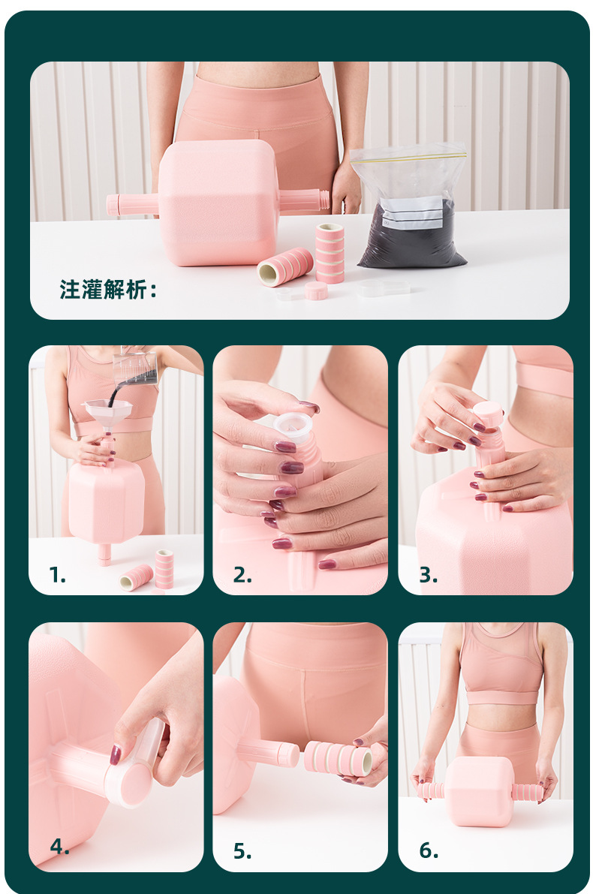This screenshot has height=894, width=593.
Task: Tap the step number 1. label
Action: pyautogui.click(x=57, y=575)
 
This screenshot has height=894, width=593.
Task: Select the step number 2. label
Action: pyautogui.click(x=242, y=575)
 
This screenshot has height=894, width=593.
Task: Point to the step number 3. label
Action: pyautogui.click(x=428, y=575)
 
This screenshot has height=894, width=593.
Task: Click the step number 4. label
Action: pyautogui.click(x=59, y=846)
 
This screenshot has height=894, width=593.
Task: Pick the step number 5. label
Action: pyautogui.click(x=242, y=850)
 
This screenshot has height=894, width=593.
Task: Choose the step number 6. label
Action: pyautogui.click(x=429, y=850)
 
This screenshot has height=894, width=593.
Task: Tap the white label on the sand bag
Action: pyautogui.click(x=411, y=212)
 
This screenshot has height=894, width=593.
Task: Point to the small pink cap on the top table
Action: pyautogui.click(x=316, y=290)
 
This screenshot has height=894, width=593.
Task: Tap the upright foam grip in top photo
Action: pyautogui.click(x=330, y=252)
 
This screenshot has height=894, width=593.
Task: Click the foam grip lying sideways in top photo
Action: pyautogui.click(x=285, y=266)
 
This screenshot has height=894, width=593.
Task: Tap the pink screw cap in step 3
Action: pyautogui.click(x=488, y=414)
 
